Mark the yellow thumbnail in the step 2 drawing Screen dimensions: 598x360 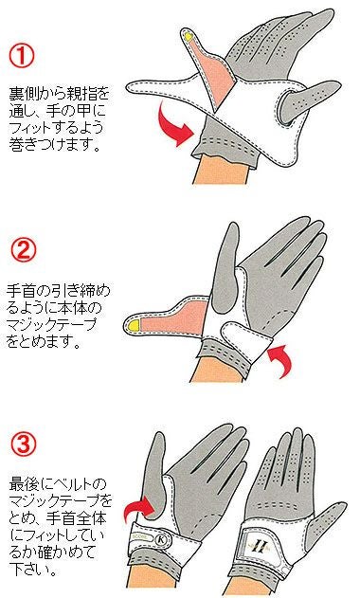coord(135,325)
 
